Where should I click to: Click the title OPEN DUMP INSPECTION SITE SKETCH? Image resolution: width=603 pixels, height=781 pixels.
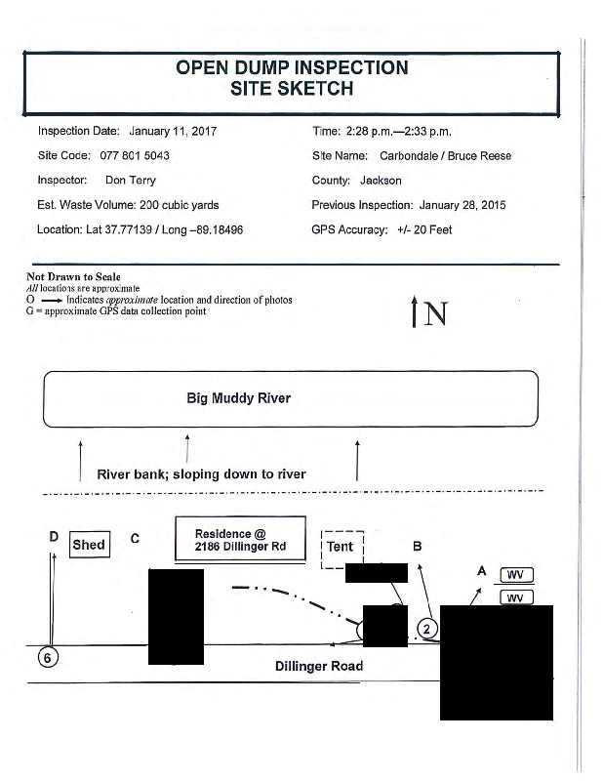292,78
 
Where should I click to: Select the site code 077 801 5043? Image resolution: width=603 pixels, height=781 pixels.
135,156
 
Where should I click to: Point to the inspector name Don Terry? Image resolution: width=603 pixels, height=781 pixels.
130,181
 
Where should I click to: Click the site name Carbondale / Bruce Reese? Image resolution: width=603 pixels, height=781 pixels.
445,156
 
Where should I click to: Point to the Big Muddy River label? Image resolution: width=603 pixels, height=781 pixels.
238,398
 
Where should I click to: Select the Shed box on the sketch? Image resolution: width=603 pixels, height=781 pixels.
89,545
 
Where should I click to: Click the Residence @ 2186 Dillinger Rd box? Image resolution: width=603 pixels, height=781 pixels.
239,540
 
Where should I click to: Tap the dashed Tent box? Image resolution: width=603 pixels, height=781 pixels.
341,547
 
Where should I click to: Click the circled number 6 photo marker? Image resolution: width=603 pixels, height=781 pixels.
45,657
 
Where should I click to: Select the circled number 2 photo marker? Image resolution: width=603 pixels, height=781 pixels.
427,627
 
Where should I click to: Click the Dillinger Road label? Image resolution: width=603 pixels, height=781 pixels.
319,666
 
